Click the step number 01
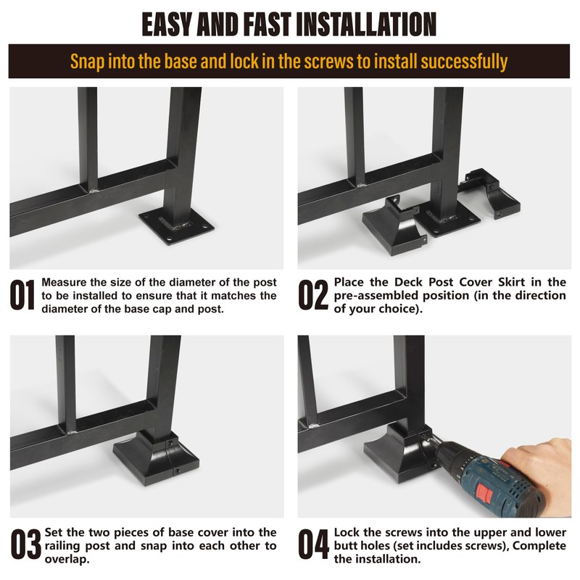[x=22, y=295]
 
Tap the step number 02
[x=313, y=295]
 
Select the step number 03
[x=25, y=544]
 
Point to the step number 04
[x=313, y=544]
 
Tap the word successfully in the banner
[x=464, y=62]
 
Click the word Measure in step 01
[x=64, y=282]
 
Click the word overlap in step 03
[x=66, y=559]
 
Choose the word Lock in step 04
[x=347, y=532]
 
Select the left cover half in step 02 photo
[x=394, y=225]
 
